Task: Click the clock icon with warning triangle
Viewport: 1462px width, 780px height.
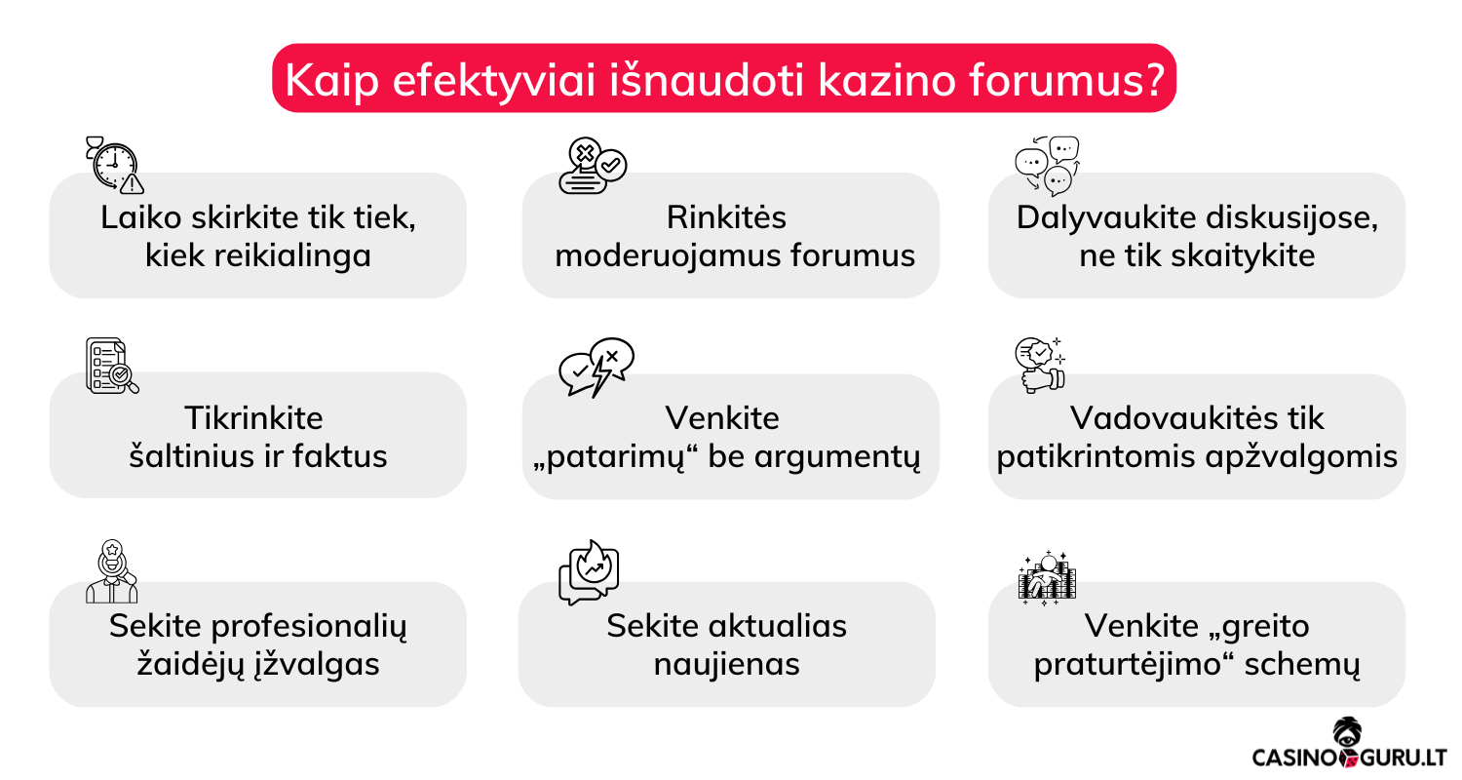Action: point(115,165)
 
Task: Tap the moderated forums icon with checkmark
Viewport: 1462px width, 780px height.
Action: point(593,165)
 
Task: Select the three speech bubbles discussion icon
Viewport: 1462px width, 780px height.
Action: point(1047,167)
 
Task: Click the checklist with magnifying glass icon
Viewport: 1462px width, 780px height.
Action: point(112,366)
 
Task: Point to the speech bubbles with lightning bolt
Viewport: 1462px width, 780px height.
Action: point(596,367)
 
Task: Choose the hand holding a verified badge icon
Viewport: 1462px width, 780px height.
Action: point(1040,365)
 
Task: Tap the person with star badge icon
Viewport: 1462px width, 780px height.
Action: point(112,571)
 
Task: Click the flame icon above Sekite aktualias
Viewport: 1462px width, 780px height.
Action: point(589,571)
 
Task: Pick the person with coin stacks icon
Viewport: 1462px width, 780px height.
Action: point(1047,577)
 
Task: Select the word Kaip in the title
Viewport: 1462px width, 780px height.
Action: point(331,82)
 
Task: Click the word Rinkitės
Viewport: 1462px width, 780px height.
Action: point(726,217)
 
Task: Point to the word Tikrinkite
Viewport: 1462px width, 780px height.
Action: point(253,417)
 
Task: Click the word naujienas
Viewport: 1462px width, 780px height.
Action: point(726,665)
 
